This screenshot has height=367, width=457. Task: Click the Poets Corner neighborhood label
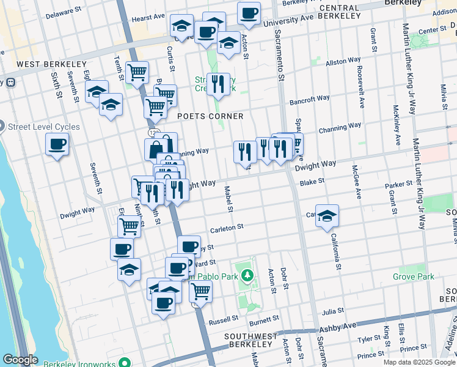(x=210, y=116)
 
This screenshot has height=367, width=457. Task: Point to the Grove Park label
(x=414, y=277)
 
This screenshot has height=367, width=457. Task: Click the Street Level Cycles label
(x=43, y=127)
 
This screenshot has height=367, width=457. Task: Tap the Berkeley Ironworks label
(x=81, y=361)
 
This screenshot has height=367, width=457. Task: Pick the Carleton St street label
(x=227, y=227)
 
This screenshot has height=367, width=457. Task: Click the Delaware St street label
(x=64, y=12)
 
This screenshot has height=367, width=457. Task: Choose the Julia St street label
(x=334, y=311)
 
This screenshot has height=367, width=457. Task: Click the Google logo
(x=20, y=360)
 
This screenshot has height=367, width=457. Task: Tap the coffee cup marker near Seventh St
(x=57, y=145)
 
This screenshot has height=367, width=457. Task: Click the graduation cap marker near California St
(x=327, y=216)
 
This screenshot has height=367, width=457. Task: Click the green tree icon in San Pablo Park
(x=247, y=275)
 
